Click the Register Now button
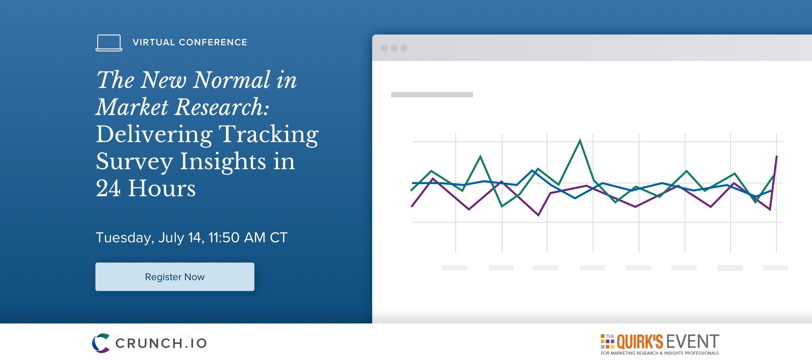click(175, 277)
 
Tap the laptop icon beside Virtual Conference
click(109, 43)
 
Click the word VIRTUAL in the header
click(154, 42)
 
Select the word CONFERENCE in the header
click(213, 42)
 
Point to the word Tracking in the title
click(269, 135)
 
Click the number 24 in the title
click(108, 188)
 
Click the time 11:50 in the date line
click(224, 238)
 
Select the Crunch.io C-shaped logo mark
click(101, 343)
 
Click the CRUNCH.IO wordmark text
click(161, 343)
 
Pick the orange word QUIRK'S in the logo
click(640, 341)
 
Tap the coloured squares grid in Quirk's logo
click(607, 341)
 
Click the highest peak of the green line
click(580, 140)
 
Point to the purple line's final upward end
click(776, 156)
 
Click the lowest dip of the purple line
click(538, 215)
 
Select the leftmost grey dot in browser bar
click(384, 48)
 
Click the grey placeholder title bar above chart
click(432, 95)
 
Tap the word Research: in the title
click(222, 107)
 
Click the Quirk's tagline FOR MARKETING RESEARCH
click(660, 353)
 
